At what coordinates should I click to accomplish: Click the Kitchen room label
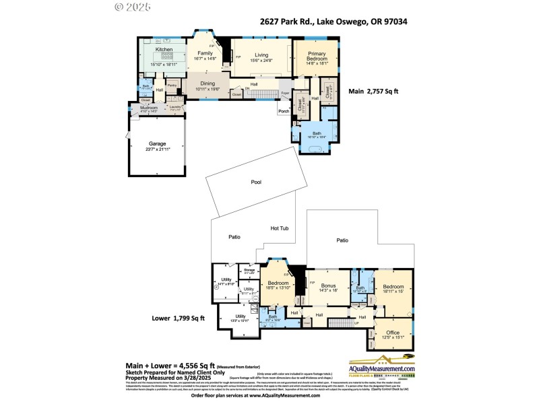click(x=164, y=50)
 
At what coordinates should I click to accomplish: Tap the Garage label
click(x=158, y=143)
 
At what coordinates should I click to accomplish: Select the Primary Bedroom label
click(x=317, y=57)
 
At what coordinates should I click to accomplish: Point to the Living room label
click(x=261, y=55)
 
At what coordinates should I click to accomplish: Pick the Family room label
click(x=205, y=53)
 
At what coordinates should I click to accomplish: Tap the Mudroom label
click(x=148, y=107)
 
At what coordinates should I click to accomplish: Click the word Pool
click(x=256, y=182)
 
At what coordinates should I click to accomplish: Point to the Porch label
click(x=284, y=111)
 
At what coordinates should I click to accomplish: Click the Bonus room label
click(x=328, y=285)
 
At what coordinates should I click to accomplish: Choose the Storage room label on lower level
click(x=249, y=270)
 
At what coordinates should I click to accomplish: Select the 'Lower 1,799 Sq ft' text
click(x=178, y=317)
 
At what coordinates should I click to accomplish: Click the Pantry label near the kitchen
click(x=172, y=86)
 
